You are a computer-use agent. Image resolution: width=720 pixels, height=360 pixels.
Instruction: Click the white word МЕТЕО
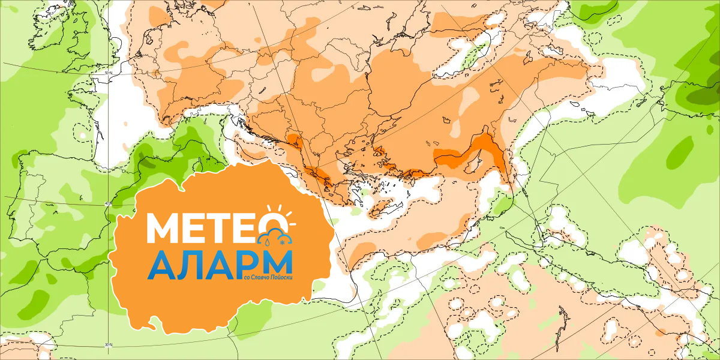(x=204, y=228)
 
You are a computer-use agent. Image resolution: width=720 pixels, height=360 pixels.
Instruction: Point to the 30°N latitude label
(x=109, y=344)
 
